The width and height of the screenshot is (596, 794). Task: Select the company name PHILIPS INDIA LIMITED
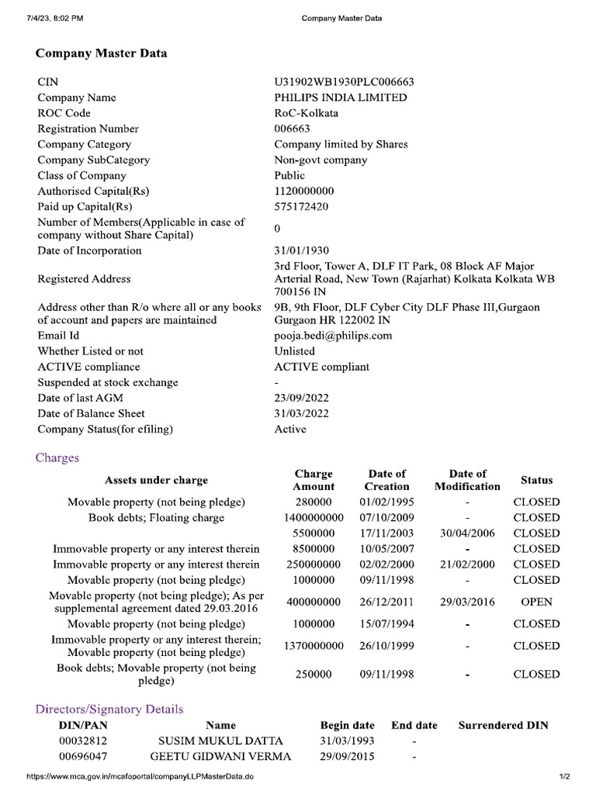[340, 98]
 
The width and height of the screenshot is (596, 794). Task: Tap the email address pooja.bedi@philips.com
[333, 336]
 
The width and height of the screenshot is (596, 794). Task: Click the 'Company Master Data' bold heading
[101, 54]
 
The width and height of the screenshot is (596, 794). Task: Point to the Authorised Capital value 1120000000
[303, 191]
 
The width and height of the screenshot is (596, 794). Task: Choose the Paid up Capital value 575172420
[301, 207]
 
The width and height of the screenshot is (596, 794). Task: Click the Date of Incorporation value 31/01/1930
[302, 250]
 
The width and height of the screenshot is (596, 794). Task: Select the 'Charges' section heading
[57, 457]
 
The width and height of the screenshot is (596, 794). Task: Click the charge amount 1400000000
[314, 517]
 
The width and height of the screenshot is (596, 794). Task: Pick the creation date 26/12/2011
[386, 602]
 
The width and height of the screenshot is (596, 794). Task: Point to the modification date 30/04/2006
[467, 533]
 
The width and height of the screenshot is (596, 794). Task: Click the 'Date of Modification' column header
[467, 480]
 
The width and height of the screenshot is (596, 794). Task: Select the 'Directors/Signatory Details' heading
[109, 709]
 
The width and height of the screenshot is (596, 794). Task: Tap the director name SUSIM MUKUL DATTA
[220, 741]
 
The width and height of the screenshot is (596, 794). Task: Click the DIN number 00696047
[83, 757]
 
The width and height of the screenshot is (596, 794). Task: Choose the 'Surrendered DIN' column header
[503, 726]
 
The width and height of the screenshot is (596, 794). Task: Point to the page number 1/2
[564, 777]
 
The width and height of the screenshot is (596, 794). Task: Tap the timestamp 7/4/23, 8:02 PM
[55, 18]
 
